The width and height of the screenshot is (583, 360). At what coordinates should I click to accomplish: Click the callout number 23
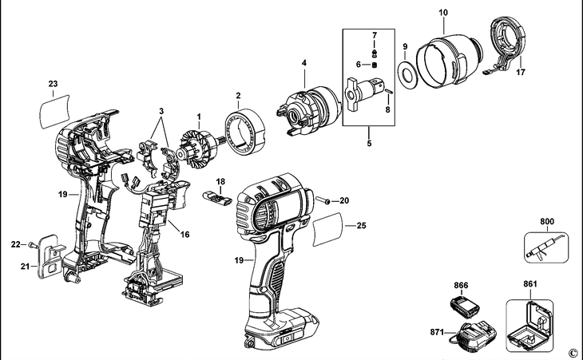tap(54, 84)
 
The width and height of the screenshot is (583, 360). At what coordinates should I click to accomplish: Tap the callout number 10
tap(444, 12)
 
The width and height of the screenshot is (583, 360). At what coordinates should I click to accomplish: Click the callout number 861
tap(530, 284)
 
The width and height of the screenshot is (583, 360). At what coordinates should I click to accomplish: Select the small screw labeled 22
tap(31, 244)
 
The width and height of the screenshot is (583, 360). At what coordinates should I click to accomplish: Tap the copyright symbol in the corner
tap(572, 352)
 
